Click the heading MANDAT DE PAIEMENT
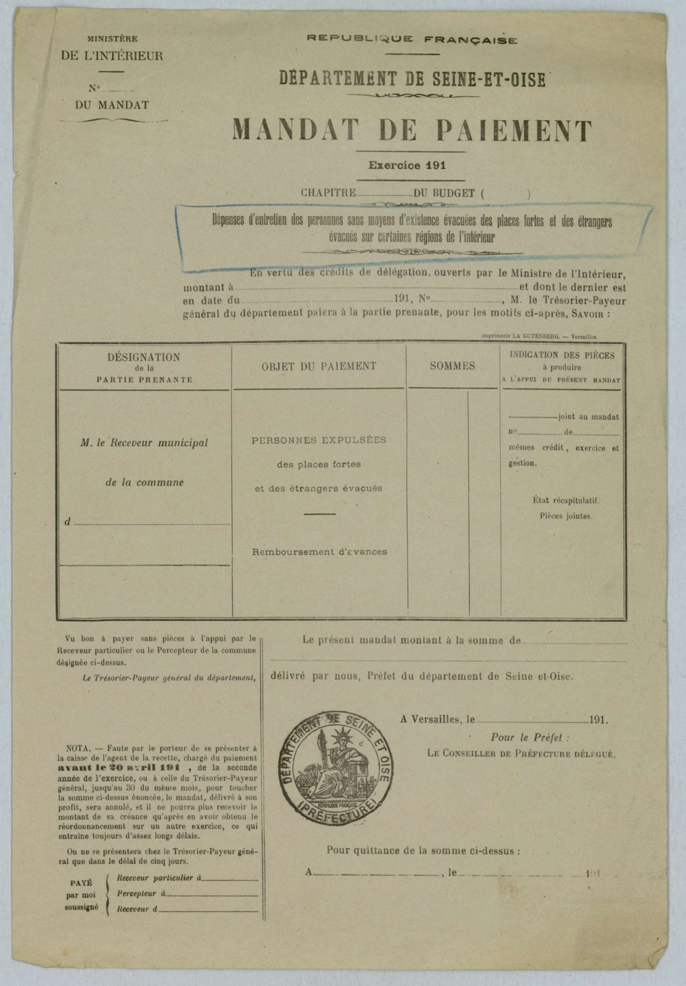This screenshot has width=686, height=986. coord(412,131)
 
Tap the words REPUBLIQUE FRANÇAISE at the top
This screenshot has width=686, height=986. coord(412,40)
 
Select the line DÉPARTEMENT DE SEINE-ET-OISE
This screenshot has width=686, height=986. coord(412,79)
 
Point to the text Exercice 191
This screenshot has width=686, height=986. coord(408,166)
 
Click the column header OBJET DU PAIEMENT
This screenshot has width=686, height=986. coord(319,366)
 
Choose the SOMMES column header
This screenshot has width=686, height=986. coord(452,366)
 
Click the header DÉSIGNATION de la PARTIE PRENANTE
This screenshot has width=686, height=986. coord(144,367)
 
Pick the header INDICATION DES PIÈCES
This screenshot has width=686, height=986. coord(562,355)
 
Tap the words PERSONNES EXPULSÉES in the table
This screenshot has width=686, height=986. coord(319,440)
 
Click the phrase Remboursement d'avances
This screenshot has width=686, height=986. coord(319,552)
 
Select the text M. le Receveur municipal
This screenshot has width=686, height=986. coord(144,443)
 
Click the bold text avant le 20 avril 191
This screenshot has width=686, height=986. coord(118,768)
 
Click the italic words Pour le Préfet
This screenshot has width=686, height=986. coord(529,738)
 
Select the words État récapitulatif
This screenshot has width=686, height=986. coord(566,500)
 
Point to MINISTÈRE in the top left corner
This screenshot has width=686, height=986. coord(112,39)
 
